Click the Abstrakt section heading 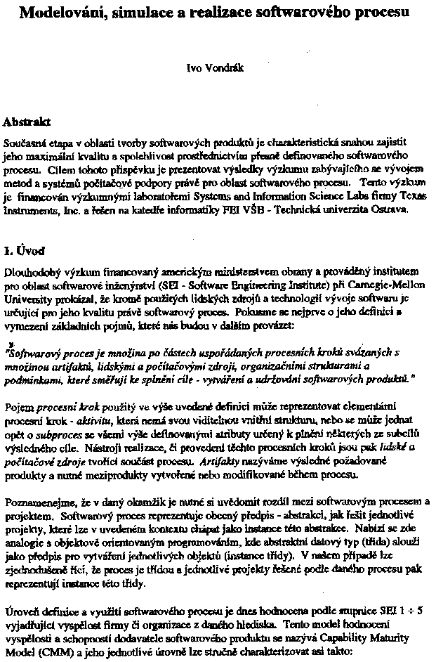click(x=28, y=122)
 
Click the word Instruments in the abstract click(x=28, y=210)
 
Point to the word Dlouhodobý click(x=31, y=271)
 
